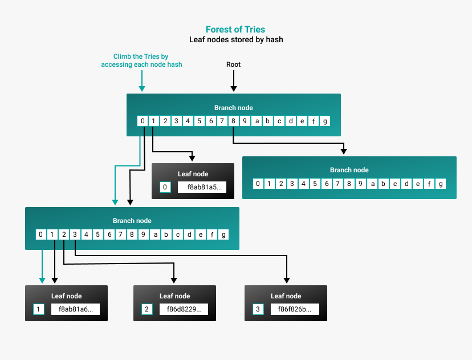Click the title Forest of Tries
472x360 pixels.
pyautogui.click(x=235, y=29)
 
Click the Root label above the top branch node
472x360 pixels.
pyautogui.click(x=233, y=64)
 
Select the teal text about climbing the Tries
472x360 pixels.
pyautogui.click(x=141, y=60)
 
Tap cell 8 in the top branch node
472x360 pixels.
pyautogui.click(x=233, y=121)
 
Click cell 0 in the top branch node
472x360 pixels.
pyautogui.click(x=143, y=121)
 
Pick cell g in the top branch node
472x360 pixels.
pyautogui.click(x=325, y=121)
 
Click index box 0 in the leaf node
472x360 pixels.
pyautogui.click(x=165, y=187)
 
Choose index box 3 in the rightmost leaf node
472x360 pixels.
pyautogui.click(x=258, y=309)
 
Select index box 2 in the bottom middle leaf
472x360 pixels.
pyautogui.click(x=147, y=309)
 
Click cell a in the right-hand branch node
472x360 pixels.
pyautogui.click(x=373, y=184)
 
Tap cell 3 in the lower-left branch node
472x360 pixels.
pyautogui.click(x=75, y=234)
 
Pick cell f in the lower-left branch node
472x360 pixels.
pyautogui.click(x=212, y=234)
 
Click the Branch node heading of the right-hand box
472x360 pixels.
pyautogui.click(x=349, y=170)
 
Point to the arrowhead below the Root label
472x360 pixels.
pyautogui.click(x=233, y=88)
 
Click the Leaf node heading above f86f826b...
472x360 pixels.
pyautogui.click(x=286, y=296)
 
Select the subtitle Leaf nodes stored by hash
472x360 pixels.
pyautogui.click(x=235, y=40)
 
